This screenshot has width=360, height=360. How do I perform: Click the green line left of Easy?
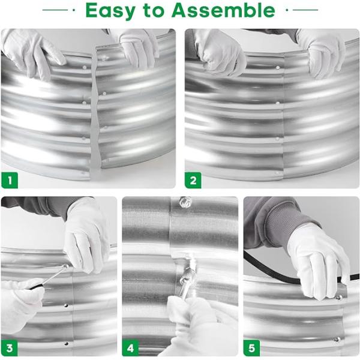click(x=56, y=10)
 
